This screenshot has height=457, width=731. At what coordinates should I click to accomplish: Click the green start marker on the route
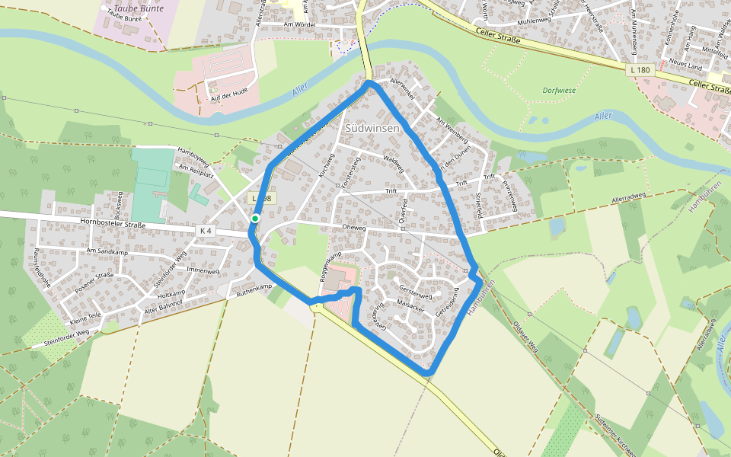click(x=255, y=219)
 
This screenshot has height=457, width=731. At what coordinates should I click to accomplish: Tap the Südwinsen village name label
click(x=372, y=129)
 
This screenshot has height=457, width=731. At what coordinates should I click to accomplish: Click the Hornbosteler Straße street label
click(x=112, y=224)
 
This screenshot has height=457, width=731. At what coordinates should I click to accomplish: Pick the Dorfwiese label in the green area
click(x=557, y=90)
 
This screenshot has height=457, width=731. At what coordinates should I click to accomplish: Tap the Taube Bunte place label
click(x=135, y=9)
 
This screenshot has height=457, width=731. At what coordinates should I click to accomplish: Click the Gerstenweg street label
click(x=416, y=296)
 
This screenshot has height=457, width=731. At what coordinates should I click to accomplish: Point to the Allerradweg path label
click(x=633, y=200)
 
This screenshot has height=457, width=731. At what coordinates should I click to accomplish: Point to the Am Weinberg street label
click(x=451, y=128)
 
